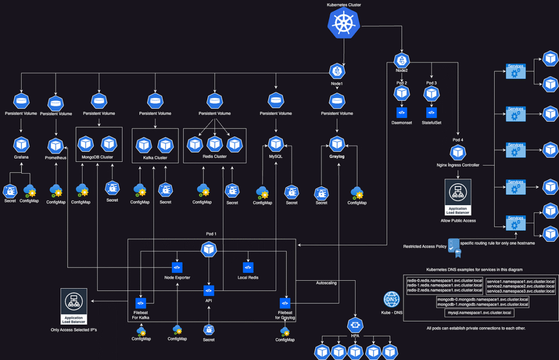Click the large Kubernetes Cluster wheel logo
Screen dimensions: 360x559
point(344,23)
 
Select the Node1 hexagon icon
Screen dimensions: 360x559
point(337,71)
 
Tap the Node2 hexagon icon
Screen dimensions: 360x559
point(402,60)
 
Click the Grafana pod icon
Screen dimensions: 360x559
point(21,145)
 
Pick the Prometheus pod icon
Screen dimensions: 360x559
point(56,146)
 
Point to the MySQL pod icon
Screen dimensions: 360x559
point(276,144)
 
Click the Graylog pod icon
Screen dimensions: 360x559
point(337,144)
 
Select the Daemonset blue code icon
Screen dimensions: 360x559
point(402,112)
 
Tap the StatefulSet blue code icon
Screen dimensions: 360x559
point(432,112)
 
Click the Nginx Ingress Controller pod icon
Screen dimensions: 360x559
point(458,153)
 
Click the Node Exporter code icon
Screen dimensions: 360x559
point(177,267)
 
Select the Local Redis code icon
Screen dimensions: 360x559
point(248,267)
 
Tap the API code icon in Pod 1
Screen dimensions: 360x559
point(209,290)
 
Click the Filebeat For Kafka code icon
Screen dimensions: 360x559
point(141,303)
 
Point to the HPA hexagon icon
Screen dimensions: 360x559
point(355,325)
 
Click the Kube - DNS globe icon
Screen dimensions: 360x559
point(391,299)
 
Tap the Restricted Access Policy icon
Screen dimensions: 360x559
point(454,246)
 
